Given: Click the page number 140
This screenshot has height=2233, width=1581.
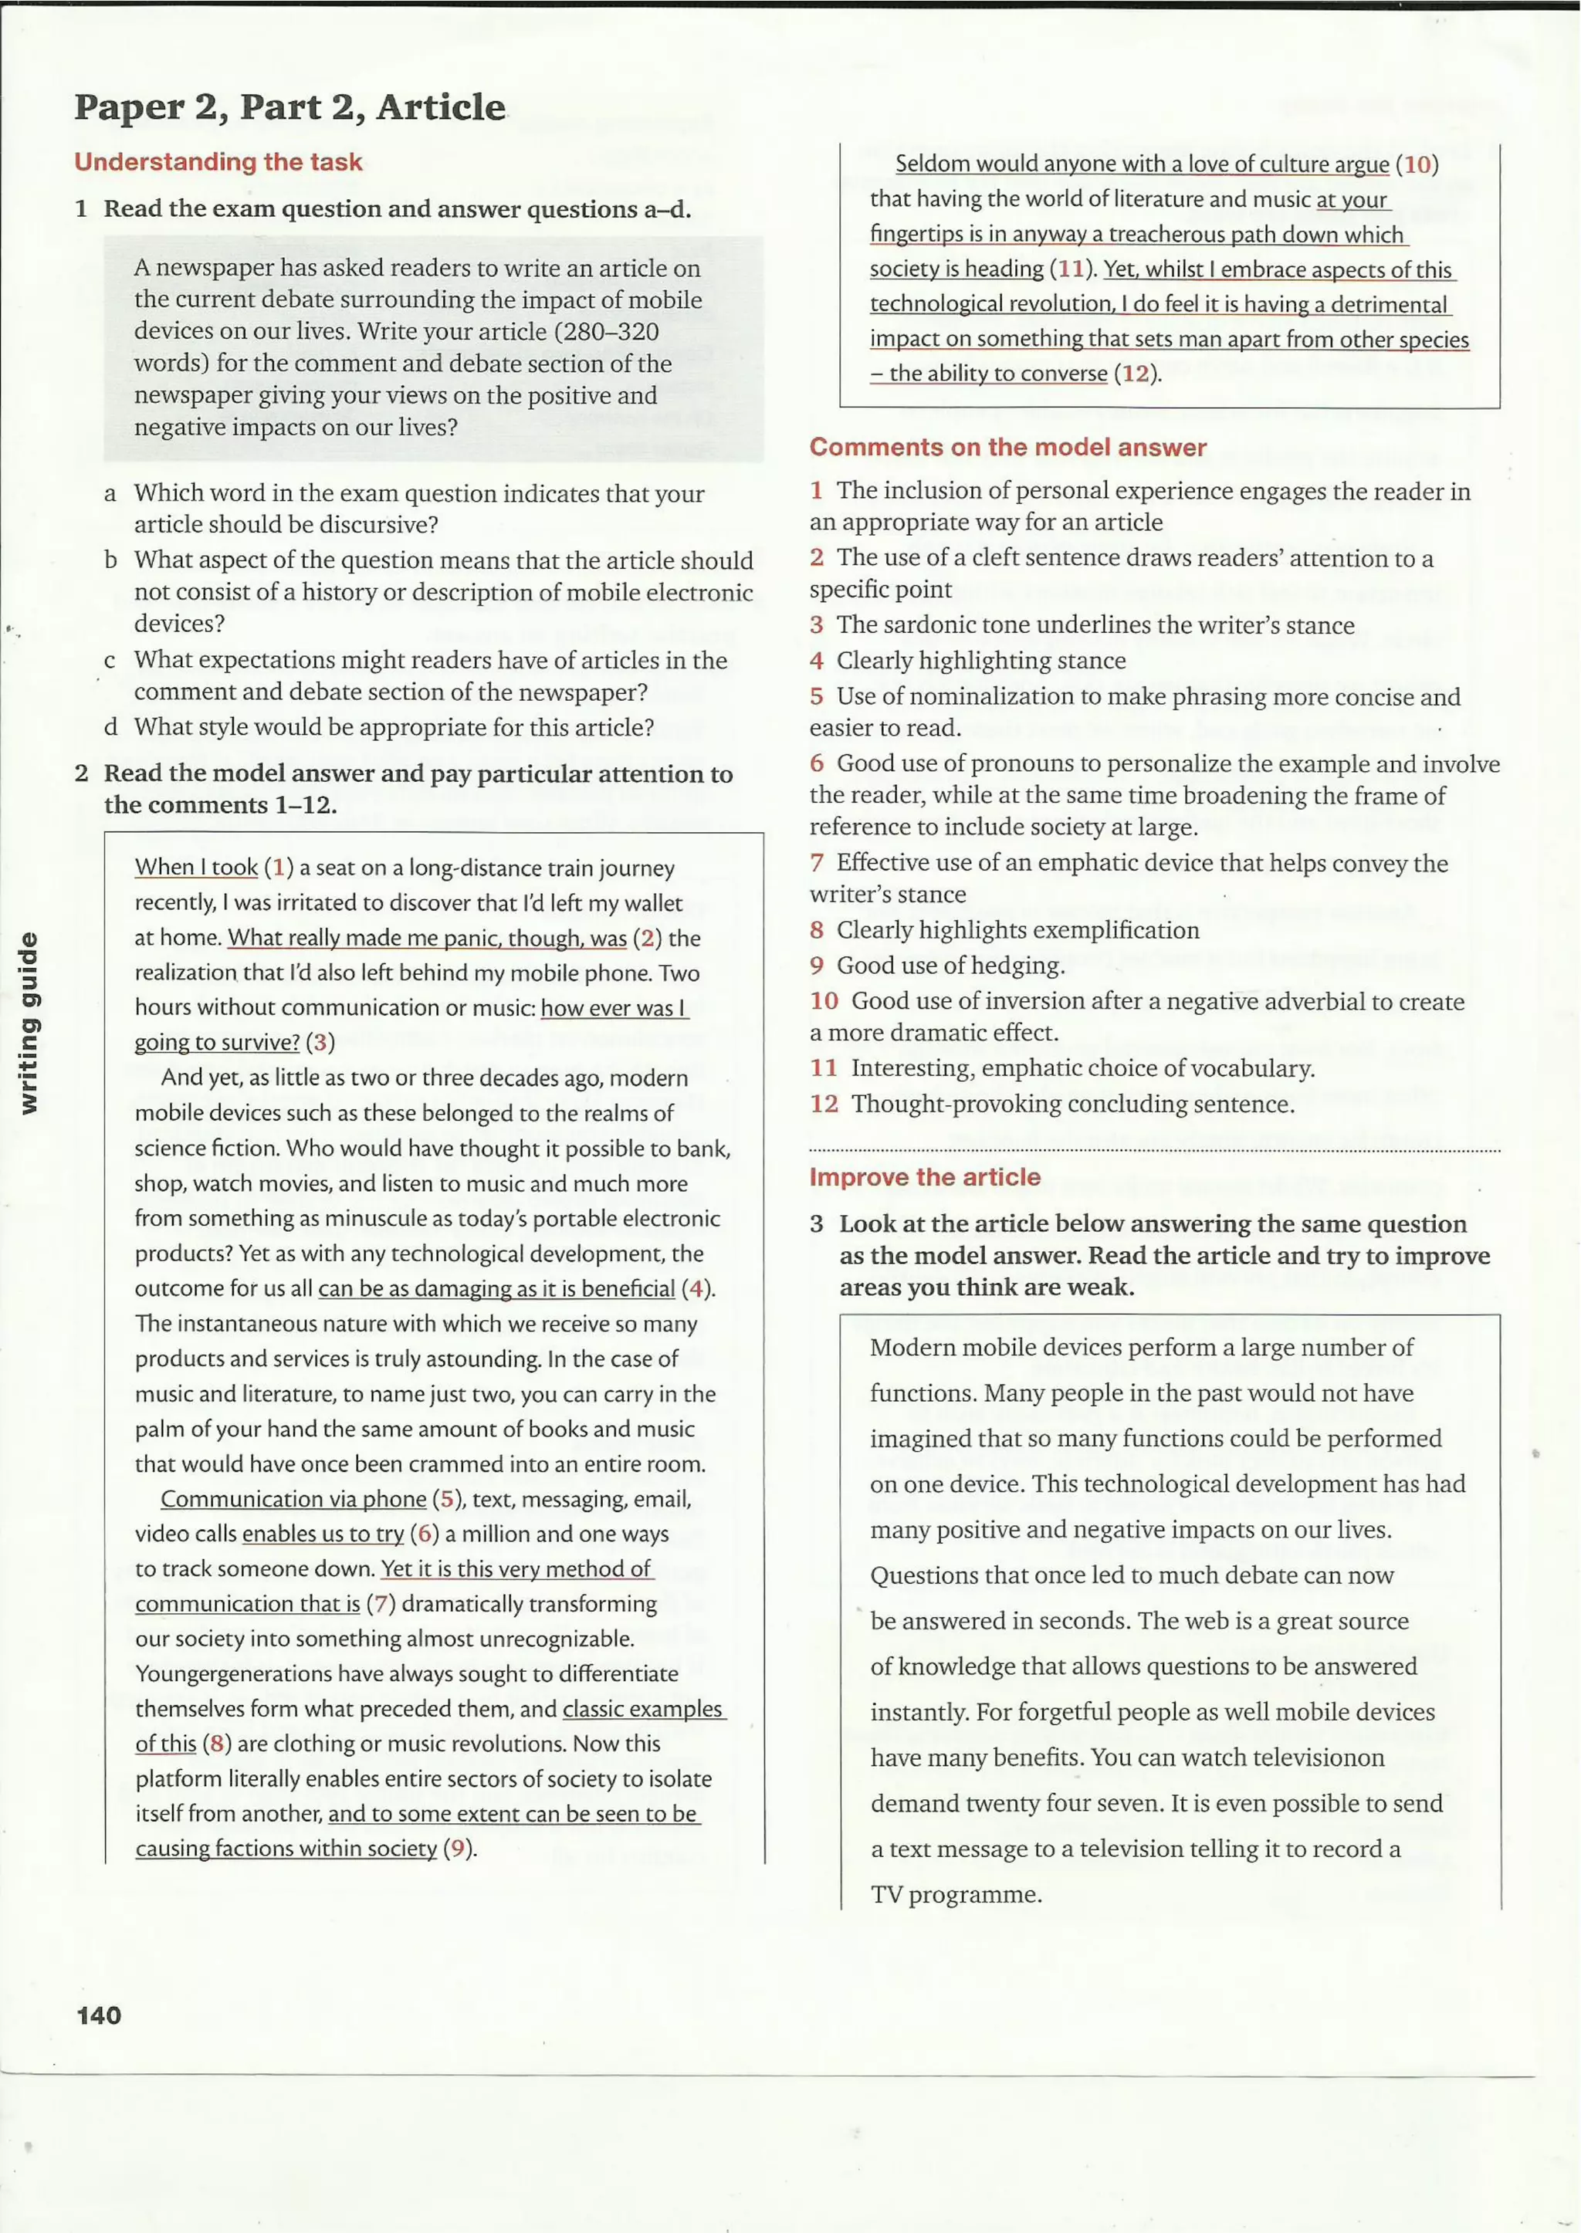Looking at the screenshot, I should click(x=100, y=2014).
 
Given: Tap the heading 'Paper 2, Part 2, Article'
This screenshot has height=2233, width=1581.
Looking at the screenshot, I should click(x=290, y=106).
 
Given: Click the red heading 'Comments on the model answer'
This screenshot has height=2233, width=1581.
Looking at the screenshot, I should click(x=1007, y=447).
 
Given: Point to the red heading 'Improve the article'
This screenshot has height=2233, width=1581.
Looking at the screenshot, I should click(x=925, y=1177).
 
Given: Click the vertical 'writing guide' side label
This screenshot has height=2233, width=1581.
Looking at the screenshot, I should click(x=30, y=1022).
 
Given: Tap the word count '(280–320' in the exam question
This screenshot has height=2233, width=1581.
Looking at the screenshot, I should click(x=605, y=332).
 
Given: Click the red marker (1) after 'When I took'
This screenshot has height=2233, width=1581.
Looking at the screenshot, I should click(x=279, y=868).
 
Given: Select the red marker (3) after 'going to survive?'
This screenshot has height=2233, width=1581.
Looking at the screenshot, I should click(x=320, y=1043).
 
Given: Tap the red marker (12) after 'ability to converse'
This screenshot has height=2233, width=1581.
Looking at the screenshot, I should click(x=1134, y=374).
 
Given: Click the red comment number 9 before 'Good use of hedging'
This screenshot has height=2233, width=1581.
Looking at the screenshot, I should click(x=817, y=966).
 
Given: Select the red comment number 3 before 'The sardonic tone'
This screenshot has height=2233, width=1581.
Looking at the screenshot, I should click(x=817, y=625).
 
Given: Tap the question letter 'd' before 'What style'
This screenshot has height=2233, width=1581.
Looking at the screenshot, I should click(x=111, y=727).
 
